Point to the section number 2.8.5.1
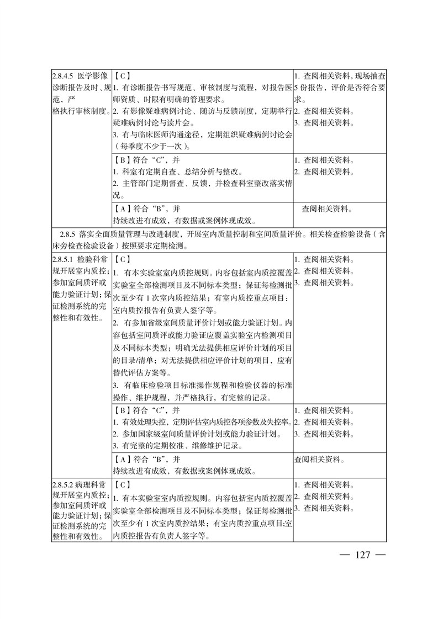click(64, 259)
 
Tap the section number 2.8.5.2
click(64, 485)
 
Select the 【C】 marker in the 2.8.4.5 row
click(122, 76)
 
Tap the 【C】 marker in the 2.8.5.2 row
click(122, 485)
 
